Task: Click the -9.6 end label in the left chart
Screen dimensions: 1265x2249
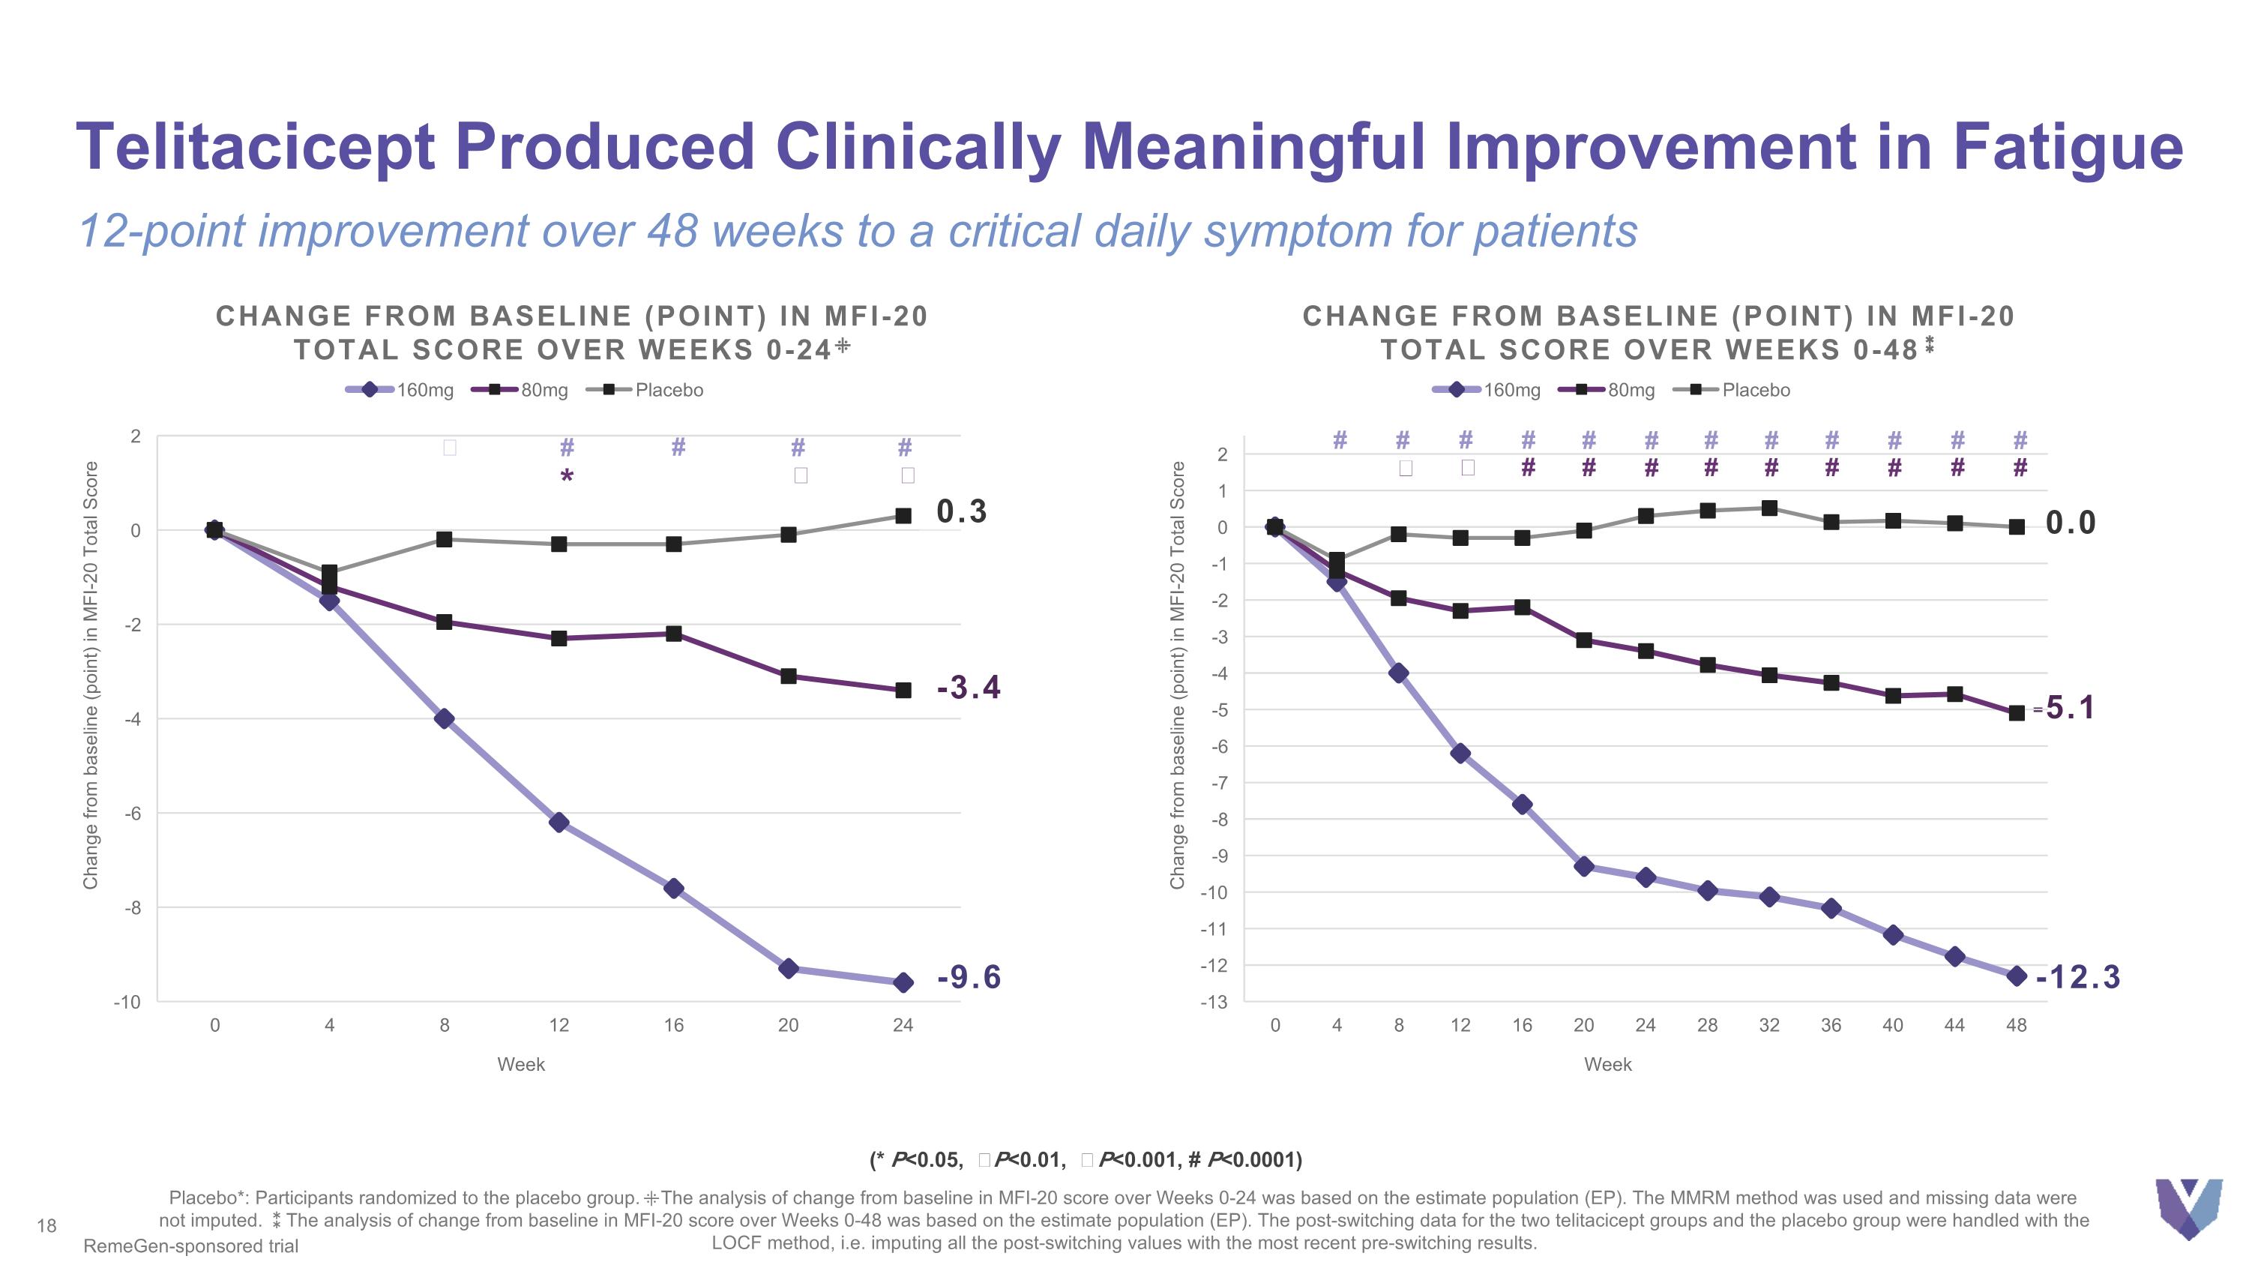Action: click(x=969, y=977)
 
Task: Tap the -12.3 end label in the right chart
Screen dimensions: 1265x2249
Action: click(x=2077, y=977)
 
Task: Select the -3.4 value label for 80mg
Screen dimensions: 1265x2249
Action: click(x=969, y=688)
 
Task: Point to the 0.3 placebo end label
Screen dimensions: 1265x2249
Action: click(x=961, y=511)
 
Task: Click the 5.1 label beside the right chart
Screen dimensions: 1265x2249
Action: click(x=2070, y=708)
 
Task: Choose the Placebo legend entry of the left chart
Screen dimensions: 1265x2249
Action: click(x=645, y=390)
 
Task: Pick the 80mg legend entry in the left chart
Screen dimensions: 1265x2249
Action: click(x=520, y=390)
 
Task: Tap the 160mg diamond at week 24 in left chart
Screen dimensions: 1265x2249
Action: click(x=903, y=983)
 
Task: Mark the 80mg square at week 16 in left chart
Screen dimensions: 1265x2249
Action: click(x=674, y=634)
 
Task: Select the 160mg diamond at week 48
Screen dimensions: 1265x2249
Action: click(x=2017, y=976)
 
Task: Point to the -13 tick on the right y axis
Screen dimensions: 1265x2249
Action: click(x=1214, y=1003)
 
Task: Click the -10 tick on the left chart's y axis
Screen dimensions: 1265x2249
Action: click(x=127, y=1003)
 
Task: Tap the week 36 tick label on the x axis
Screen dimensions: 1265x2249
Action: click(x=1831, y=1026)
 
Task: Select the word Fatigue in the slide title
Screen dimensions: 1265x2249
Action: click(x=2068, y=147)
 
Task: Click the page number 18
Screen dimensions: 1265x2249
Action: click(x=46, y=1227)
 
